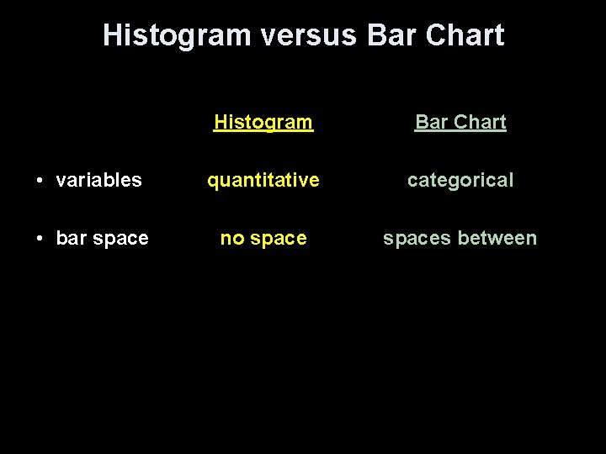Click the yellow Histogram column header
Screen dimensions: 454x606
tap(263, 122)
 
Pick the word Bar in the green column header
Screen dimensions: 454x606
tap(432, 122)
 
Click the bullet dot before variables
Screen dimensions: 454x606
tap(41, 181)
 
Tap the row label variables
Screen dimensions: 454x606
tap(98, 180)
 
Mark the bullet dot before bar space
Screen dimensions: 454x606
tap(41, 240)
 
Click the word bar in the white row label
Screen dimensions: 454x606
tap(71, 239)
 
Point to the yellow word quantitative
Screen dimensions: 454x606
tap(263, 180)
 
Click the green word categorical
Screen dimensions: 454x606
tap(460, 180)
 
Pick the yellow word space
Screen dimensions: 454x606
tap(279, 240)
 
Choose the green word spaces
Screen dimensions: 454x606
tap(413, 240)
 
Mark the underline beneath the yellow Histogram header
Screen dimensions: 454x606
tap(263, 132)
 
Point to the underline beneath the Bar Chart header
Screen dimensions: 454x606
tap(460, 132)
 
